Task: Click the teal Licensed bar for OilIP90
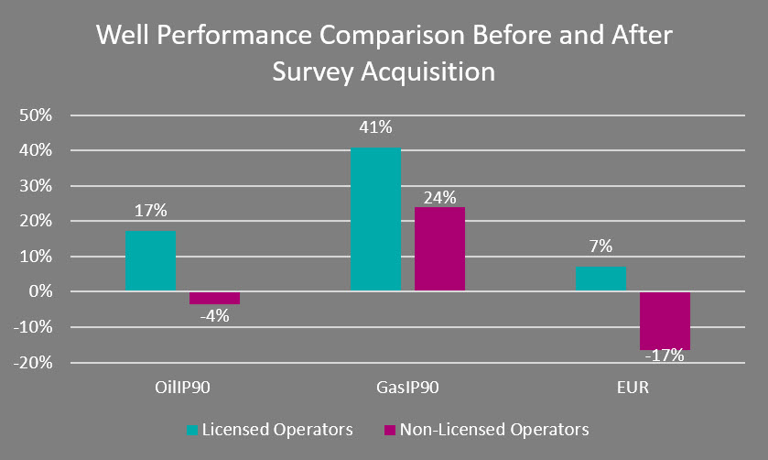click(150, 261)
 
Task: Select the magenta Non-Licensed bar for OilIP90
click(214, 298)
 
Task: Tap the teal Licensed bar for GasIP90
click(375, 220)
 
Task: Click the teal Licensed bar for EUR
click(600, 279)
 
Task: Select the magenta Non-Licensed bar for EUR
click(665, 321)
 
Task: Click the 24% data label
click(439, 196)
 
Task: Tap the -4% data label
click(214, 317)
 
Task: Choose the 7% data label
click(600, 246)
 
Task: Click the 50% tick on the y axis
click(41, 115)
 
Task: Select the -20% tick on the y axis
click(38, 364)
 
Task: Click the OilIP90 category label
click(182, 387)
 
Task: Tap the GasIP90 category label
click(407, 387)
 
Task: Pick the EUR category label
click(633, 387)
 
